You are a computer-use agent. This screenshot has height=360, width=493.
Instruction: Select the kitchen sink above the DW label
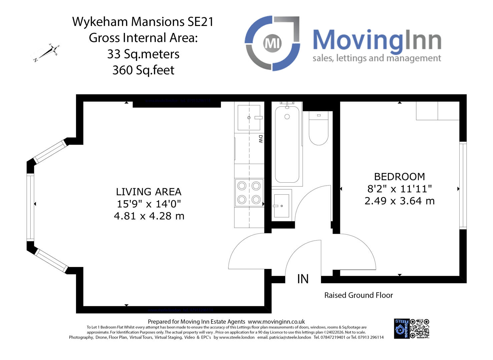click(x=249, y=118)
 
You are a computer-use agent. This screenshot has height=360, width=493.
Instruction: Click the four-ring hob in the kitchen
click(x=249, y=192)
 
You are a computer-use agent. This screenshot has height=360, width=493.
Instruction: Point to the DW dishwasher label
click(x=261, y=139)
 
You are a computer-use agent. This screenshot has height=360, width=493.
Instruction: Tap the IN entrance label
click(x=303, y=279)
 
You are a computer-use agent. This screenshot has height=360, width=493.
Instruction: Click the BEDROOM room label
click(x=399, y=176)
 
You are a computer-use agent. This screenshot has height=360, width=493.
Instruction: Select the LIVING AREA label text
click(x=149, y=192)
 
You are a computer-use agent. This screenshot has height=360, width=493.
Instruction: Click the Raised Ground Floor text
click(x=359, y=295)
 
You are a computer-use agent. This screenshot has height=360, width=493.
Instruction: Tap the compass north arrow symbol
click(x=47, y=53)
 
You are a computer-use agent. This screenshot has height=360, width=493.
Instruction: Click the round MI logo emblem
click(x=273, y=43)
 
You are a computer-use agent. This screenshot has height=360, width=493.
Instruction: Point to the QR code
click(x=420, y=329)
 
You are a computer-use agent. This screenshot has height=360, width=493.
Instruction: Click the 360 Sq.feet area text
click(x=143, y=70)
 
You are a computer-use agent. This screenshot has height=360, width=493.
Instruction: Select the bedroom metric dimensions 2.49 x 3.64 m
click(x=399, y=201)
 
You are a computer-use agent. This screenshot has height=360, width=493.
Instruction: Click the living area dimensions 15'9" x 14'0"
click(x=149, y=204)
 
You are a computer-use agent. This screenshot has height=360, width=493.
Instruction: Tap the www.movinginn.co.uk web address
click(x=276, y=322)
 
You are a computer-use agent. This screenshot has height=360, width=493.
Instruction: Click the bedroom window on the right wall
click(x=463, y=185)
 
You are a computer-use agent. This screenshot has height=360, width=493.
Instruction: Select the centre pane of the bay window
click(x=30, y=207)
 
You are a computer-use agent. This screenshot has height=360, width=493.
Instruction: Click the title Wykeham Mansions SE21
click(x=143, y=22)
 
